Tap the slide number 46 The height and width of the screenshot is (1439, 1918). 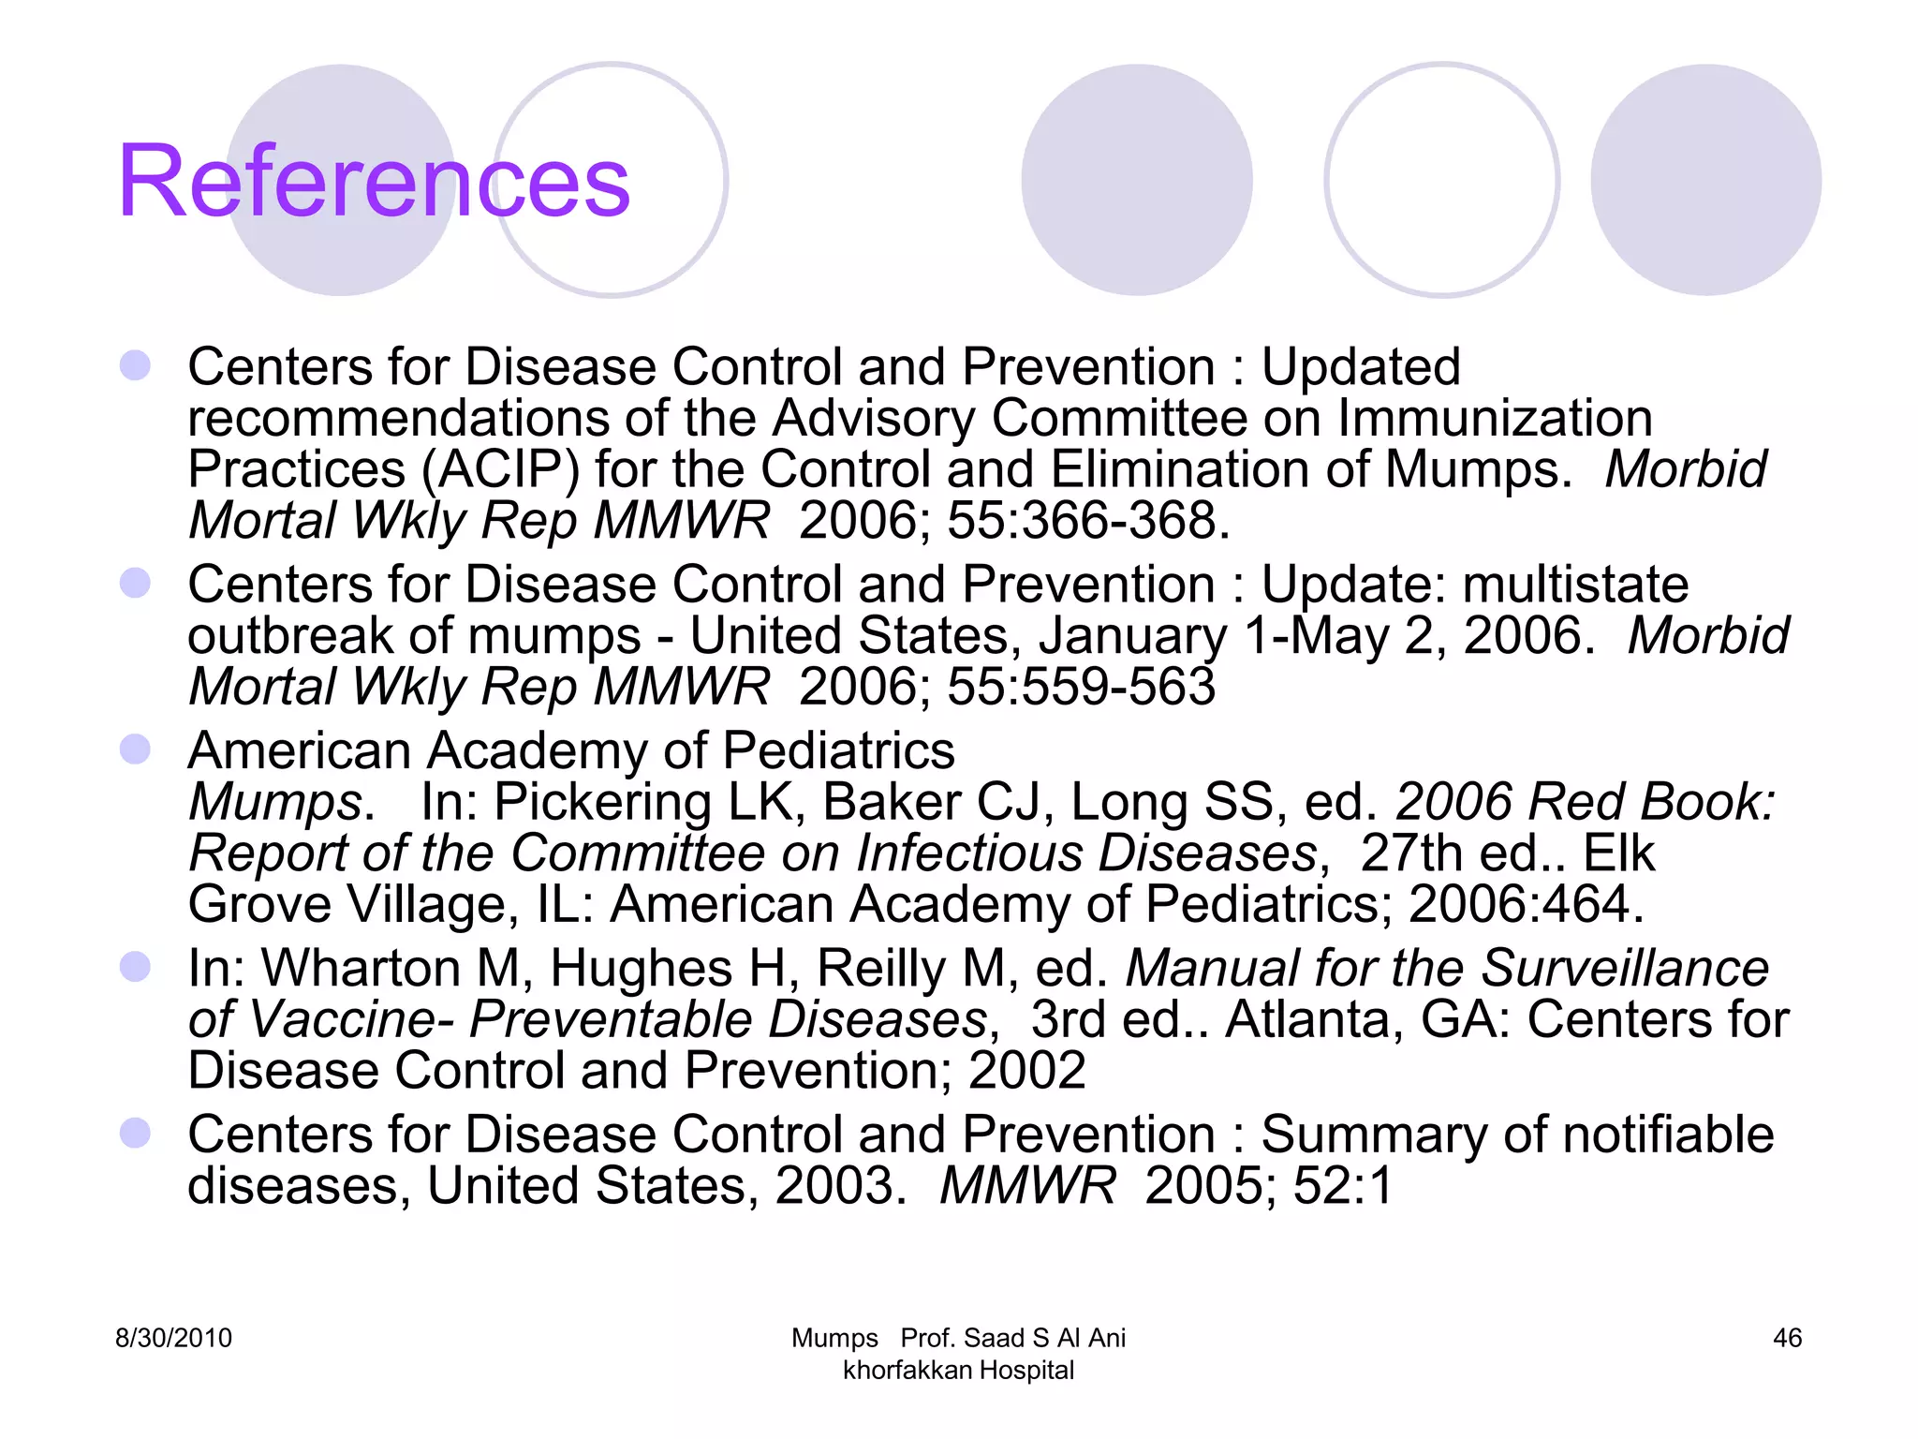(x=1787, y=1338)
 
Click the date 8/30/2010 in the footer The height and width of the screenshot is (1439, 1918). (x=173, y=1338)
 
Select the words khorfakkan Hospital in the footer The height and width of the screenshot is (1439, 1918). (x=958, y=1371)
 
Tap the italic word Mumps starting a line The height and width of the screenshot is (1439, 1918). (x=275, y=803)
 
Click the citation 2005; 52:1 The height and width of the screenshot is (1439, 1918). (x=1268, y=1186)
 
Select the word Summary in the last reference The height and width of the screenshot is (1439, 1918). (x=1373, y=1135)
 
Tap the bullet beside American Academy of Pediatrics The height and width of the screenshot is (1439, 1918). (x=136, y=749)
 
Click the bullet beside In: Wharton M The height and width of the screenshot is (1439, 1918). (x=136, y=967)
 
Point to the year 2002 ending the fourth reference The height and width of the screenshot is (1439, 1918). (x=1026, y=1071)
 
